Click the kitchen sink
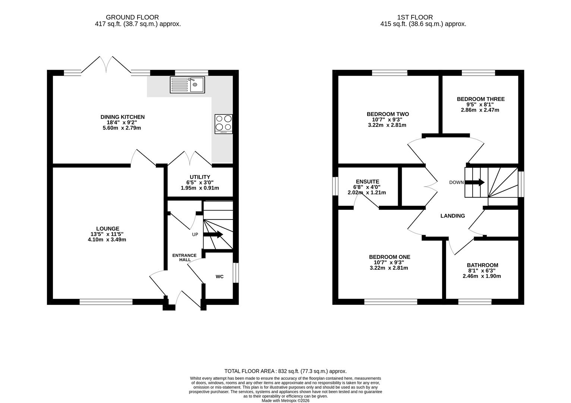click(187, 85)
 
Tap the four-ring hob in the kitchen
click(224, 124)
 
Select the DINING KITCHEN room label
click(123, 117)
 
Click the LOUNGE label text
click(108, 229)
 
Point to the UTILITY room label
click(200, 177)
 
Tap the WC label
click(220, 277)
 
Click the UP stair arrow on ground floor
click(213, 234)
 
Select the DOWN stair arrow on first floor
click(474, 182)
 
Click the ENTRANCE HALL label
click(184, 257)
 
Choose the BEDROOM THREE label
click(481, 99)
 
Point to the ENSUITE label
click(367, 181)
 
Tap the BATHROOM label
click(483, 265)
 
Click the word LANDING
click(453, 216)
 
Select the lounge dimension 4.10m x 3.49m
click(107, 240)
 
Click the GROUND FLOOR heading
click(132, 18)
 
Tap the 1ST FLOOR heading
click(415, 18)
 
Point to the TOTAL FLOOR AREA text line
click(285, 371)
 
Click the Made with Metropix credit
click(285, 401)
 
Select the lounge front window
click(106, 302)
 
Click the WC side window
click(236, 273)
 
